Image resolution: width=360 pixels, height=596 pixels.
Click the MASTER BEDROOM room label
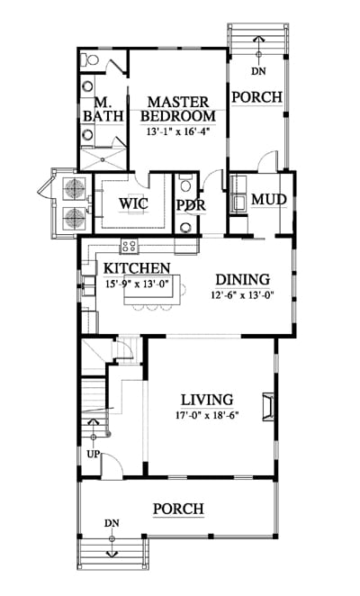pos(178,109)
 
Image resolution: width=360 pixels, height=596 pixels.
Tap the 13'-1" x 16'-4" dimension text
pos(178,132)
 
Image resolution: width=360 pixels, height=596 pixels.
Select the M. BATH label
pos(103,110)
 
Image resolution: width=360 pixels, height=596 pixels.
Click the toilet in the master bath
pos(91,60)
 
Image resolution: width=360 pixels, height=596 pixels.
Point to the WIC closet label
pos(133,203)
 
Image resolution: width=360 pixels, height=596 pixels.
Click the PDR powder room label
pos(191,205)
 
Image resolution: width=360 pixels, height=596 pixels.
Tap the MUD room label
pos(269,199)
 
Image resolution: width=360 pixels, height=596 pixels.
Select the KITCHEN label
pos(137,268)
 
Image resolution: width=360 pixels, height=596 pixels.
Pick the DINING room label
pos(243,280)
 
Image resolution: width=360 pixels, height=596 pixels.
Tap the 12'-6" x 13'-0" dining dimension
pos(242,295)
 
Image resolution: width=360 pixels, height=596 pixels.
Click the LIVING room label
pos(207,400)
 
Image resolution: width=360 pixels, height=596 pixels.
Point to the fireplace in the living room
pos(267,407)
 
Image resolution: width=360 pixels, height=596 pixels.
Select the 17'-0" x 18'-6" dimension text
pos(207,415)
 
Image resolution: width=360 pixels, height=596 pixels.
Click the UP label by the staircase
pos(93,454)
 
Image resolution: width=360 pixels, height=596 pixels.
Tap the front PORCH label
pos(178,509)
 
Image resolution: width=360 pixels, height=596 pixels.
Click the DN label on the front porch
pos(112,523)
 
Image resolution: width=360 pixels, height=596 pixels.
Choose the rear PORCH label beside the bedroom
pos(257,97)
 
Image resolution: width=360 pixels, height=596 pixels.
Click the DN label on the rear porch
pos(259,71)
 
